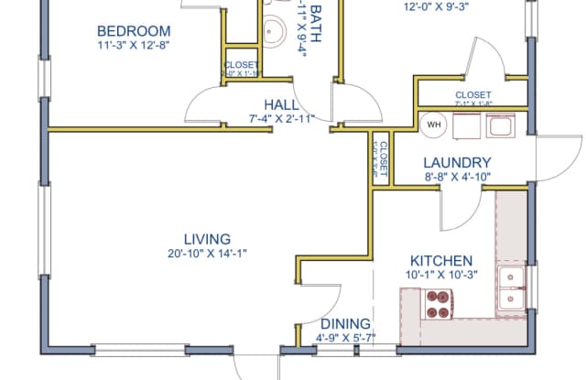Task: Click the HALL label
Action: click(281, 104)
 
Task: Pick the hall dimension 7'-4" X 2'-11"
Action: click(281, 118)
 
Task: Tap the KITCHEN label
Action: click(440, 261)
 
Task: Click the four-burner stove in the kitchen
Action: click(438, 303)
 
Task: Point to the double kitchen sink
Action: click(510, 288)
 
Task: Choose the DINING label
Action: click(345, 323)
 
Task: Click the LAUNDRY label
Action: click(458, 161)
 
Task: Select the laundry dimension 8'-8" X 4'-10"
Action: click(458, 176)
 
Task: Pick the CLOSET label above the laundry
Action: click(473, 95)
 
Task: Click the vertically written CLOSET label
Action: click(383, 157)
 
